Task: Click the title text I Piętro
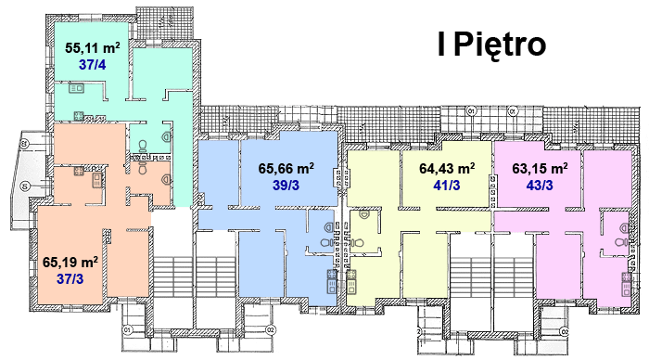pyautogui.click(x=491, y=45)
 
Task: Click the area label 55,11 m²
pyautogui.click(x=93, y=47)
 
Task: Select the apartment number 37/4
pyautogui.click(x=92, y=65)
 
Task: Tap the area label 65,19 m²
pyautogui.click(x=70, y=262)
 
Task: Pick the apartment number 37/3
pyautogui.click(x=70, y=278)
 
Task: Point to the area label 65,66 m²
pyautogui.click(x=286, y=168)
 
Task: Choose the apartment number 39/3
pyautogui.click(x=286, y=186)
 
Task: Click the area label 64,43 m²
pyautogui.click(x=447, y=168)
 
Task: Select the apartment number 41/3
pyautogui.click(x=447, y=186)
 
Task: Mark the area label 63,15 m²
pyautogui.click(x=540, y=168)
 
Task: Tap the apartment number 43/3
pyautogui.click(x=540, y=186)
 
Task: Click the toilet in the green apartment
pyautogui.click(x=143, y=146)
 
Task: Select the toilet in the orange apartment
pyautogui.click(x=143, y=169)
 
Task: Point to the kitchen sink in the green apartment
pyautogui.click(x=77, y=88)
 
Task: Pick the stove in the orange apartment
pyautogui.click(x=79, y=171)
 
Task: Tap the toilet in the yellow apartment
pyautogui.click(x=356, y=243)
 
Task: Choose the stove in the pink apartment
pyautogui.click(x=626, y=277)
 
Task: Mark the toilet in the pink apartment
pyautogui.click(x=621, y=242)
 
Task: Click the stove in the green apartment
pyautogui.click(x=79, y=116)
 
